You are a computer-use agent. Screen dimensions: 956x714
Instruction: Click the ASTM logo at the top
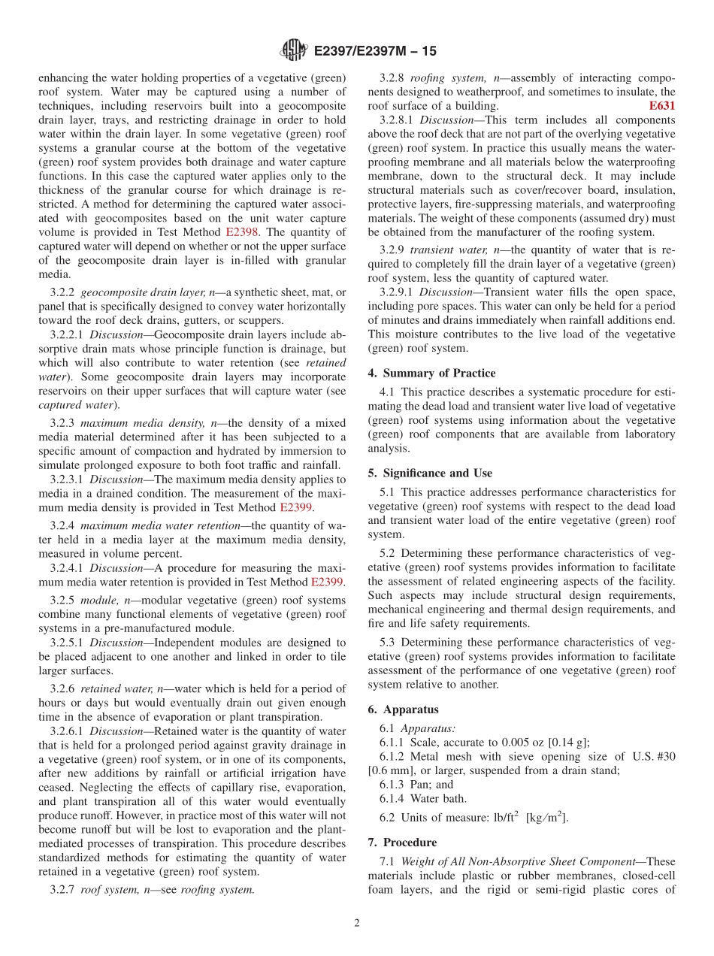coord(294,50)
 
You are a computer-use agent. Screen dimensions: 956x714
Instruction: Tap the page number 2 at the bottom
coord(357,923)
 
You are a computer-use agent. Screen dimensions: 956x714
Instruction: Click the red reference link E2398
coord(243,232)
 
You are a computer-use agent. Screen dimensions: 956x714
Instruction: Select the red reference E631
coord(661,106)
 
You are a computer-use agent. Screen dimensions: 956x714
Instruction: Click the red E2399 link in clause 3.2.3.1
coord(296,507)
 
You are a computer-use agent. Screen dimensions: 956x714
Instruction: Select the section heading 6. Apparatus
coord(403,709)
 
